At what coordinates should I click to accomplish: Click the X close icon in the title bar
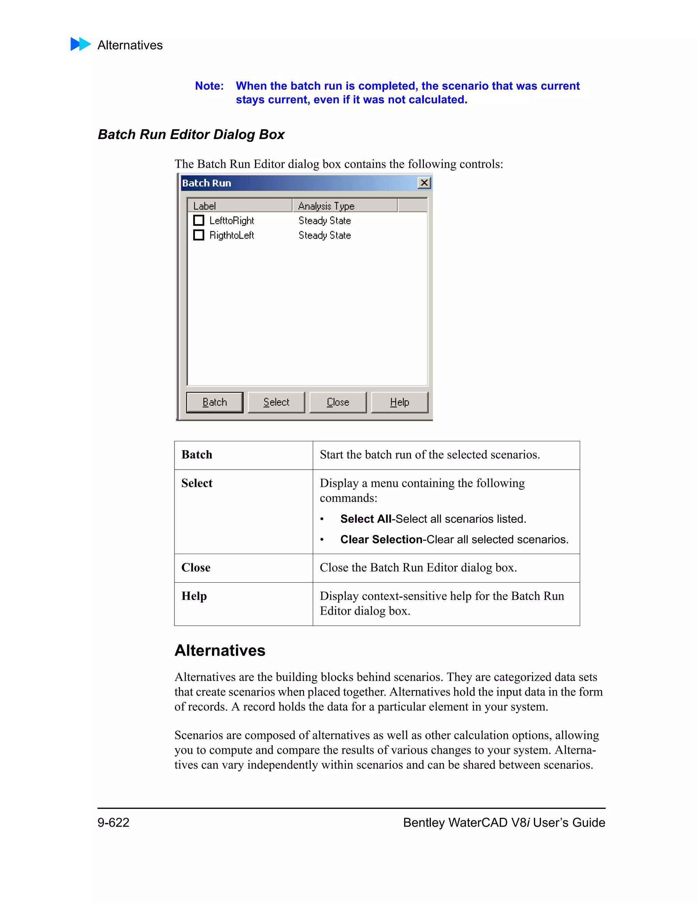coord(424,183)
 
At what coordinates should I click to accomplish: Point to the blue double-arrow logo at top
coord(81,44)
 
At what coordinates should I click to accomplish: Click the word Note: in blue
coord(209,86)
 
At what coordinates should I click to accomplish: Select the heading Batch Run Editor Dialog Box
coord(191,134)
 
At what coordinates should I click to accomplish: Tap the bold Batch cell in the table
coord(197,454)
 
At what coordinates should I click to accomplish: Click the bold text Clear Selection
coord(381,539)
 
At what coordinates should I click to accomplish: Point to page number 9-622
coord(113,822)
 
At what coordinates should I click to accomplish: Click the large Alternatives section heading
coord(219,651)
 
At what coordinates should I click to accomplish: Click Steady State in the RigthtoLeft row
coord(324,235)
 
